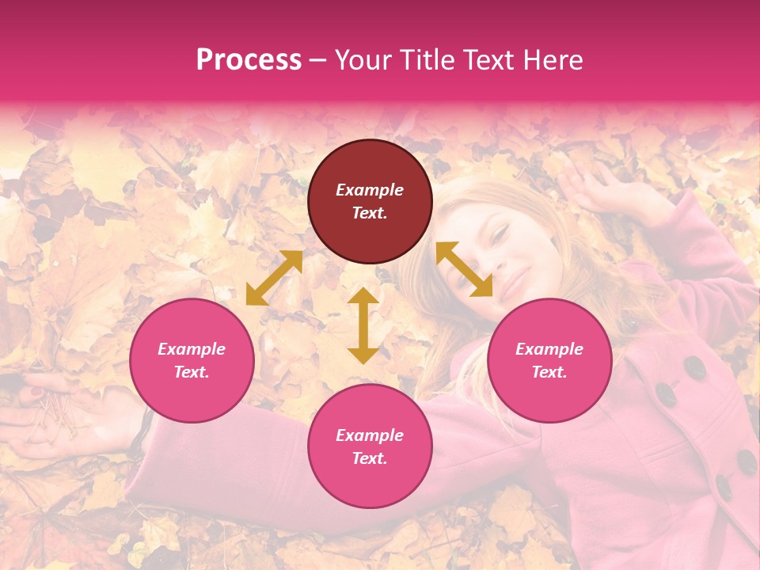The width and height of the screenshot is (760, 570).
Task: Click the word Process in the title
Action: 249,60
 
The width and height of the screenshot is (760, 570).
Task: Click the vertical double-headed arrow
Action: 363,325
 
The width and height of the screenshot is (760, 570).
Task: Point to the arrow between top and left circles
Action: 274,278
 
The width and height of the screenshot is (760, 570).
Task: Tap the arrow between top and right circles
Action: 465,269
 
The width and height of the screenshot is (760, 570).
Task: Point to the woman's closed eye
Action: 500,234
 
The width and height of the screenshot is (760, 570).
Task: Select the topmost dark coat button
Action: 695,367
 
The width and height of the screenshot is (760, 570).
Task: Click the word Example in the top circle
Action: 370,190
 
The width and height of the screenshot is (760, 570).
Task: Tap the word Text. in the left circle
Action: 192,372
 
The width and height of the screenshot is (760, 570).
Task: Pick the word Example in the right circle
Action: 549,349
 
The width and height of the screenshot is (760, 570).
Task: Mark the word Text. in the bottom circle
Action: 370,458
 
